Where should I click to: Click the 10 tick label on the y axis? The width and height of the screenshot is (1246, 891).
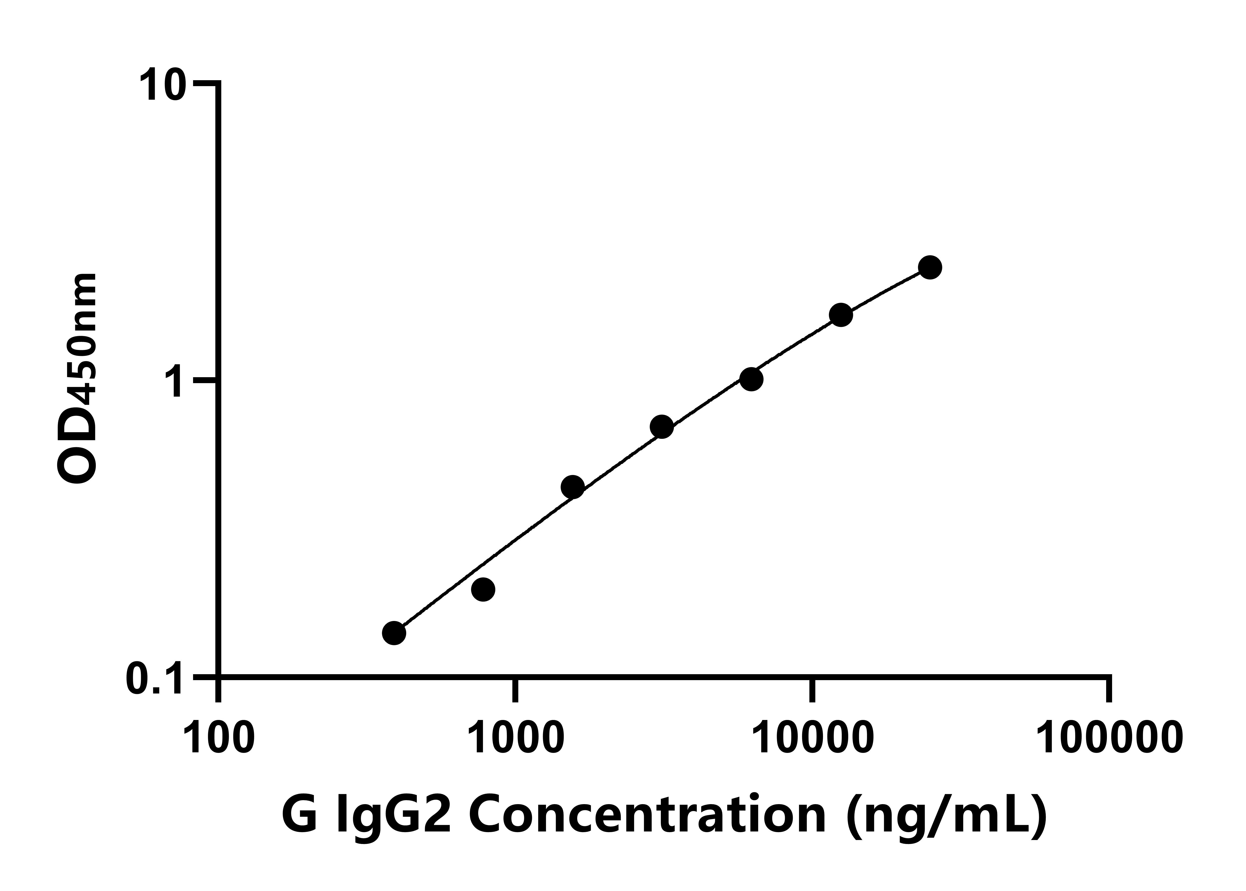point(162,85)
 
